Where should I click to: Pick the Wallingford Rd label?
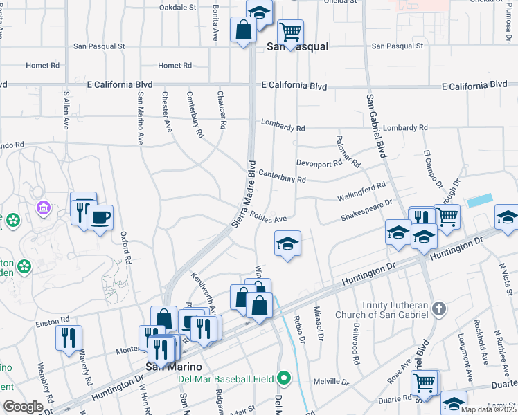[x=361, y=192]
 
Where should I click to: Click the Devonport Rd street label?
[x=319, y=163]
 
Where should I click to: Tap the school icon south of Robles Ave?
[x=287, y=243]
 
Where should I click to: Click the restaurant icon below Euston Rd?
[x=69, y=338]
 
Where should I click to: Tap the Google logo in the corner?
[x=23, y=407]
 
